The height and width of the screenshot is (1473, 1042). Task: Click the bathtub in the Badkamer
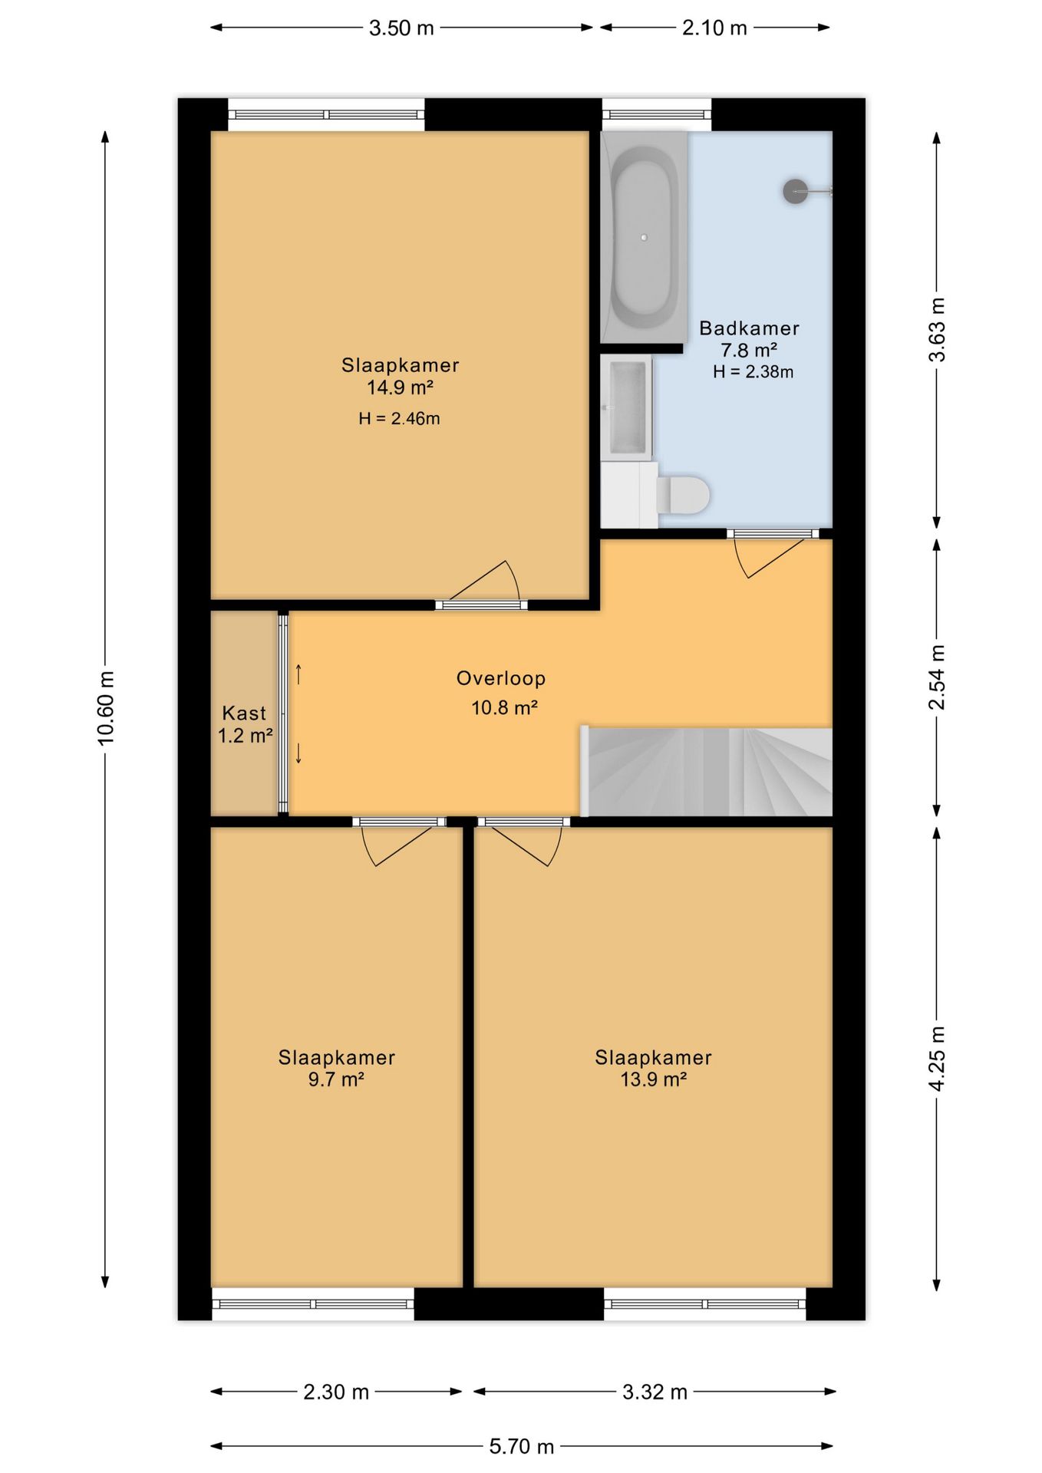[643, 237]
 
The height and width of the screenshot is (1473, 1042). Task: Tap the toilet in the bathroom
[683, 495]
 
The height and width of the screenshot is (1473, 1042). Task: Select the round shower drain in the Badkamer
[796, 191]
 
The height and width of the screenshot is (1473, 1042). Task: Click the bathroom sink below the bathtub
[626, 407]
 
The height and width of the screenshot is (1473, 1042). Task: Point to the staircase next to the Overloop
[707, 771]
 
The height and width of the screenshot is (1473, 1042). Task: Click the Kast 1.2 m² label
[245, 724]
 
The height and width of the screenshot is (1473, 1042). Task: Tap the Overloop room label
[501, 678]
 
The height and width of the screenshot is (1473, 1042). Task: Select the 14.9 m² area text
[400, 387]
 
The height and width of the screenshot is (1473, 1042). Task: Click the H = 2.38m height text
[753, 372]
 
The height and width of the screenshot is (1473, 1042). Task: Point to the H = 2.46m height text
[399, 419]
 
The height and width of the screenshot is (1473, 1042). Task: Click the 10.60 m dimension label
[105, 708]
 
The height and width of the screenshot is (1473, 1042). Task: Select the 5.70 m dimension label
[522, 1446]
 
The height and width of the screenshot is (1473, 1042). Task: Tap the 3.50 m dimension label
[401, 28]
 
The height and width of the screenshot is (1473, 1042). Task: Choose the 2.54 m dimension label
[937, 677]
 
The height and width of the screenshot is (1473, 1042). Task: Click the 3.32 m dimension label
[655, 1392]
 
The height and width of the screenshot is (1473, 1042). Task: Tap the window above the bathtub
[657, 115]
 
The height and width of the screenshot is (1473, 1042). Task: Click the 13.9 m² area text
[653, 1079]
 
